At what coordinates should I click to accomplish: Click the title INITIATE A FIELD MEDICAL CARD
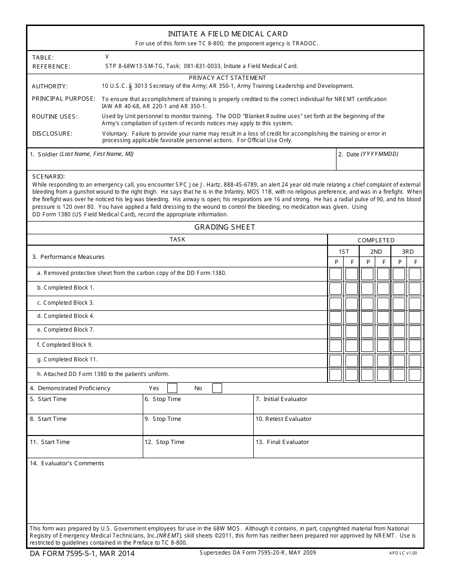[227, 34]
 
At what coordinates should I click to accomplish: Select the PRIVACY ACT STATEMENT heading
[227, 77]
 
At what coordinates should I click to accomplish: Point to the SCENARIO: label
[48, 176]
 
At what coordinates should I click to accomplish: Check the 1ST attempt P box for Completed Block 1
[336, 289]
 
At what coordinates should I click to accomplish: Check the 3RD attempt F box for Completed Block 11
[415, 361]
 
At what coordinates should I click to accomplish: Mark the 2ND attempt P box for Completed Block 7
[367, 332]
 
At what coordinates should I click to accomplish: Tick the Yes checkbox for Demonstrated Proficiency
[173, 388]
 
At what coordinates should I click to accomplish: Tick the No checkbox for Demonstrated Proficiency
[217, 388]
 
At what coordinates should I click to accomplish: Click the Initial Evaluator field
[338, 404]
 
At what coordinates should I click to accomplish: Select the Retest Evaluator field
[338, 425]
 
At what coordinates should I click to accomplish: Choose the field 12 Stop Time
[198, 447]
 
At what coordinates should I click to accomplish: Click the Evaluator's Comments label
[67, 463]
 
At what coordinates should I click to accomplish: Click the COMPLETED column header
[376, 240]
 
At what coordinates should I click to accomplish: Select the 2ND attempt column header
[376, 252]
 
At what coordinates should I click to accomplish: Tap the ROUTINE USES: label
[54, 117]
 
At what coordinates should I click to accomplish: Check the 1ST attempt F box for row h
[352, 375]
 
